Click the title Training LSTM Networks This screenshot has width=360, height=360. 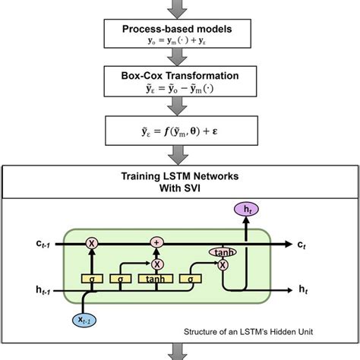[179, 175]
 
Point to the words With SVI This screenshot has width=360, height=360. [179, 187]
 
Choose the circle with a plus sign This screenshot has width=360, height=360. [158, 243]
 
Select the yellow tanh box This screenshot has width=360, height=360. [158, 279]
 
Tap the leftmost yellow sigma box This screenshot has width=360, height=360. [93, 279]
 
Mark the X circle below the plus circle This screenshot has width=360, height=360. [158, 264]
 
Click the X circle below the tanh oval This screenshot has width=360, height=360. [223, 265]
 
